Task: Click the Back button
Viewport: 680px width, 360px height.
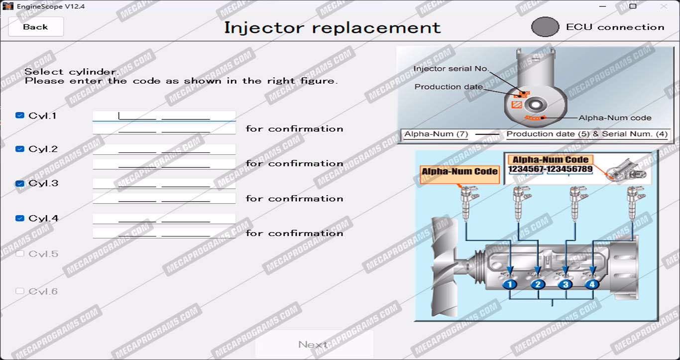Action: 36,27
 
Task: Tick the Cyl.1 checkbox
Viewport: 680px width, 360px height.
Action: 20,116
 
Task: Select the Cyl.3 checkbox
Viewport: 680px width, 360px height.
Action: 20,183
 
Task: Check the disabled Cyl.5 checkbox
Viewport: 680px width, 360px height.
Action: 20,253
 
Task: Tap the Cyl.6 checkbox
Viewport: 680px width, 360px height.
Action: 20,291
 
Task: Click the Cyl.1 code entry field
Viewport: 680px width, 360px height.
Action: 164,116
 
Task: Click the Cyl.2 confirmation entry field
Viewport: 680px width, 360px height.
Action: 164,164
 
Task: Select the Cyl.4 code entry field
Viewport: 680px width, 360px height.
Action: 164,219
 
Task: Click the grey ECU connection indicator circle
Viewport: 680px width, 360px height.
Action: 545,27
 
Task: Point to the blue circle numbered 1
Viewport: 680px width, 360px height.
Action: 510,284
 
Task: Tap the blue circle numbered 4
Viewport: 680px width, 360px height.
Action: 592,284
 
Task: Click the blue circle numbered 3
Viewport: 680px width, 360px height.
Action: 565,284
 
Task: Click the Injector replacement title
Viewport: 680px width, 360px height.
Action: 332,27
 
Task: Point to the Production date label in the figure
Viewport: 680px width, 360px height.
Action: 449,87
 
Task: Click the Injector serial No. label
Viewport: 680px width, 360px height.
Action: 451,69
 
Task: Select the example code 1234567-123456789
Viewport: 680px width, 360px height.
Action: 551,169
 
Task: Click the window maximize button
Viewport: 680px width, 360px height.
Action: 633,6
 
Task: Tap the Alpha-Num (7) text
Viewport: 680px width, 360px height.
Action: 436,134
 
